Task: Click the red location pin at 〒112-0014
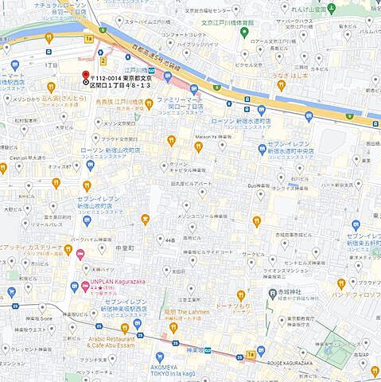85,79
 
